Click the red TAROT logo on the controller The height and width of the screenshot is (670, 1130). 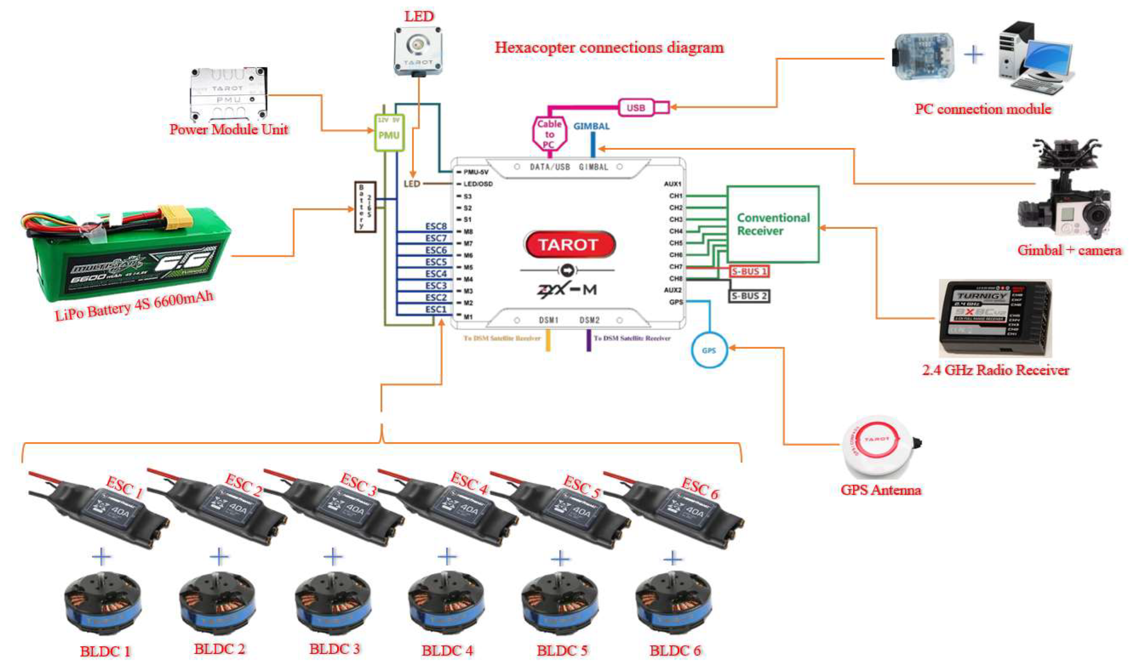[569, 245]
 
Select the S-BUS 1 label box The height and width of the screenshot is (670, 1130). [749, 271]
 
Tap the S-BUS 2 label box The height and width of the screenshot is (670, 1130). [749, 296]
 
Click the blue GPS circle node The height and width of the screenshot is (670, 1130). [709, 350]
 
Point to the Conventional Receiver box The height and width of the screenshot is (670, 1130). [772, 224]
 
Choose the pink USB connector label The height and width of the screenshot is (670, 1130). [636, 108]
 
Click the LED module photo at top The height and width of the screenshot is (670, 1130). [418, 50]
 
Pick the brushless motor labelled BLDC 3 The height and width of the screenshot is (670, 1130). [333, 603]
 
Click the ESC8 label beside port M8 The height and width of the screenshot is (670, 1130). [435, 226]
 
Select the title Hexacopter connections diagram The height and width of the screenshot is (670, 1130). [609, 47]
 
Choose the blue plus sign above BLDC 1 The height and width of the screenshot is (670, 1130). [101, 557]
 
